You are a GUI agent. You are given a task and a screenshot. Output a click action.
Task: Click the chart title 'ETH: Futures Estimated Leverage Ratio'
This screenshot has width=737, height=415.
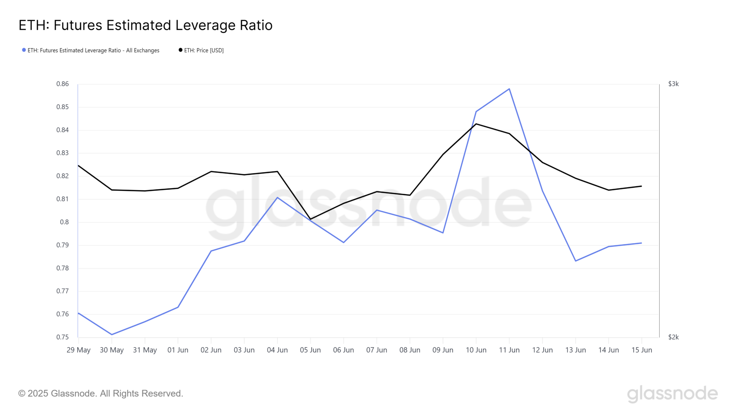(145, 25)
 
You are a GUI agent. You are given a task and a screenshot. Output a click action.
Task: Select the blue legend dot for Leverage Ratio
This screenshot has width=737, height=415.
(24, 50)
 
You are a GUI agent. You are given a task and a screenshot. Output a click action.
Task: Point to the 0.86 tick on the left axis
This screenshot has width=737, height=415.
(63, 84)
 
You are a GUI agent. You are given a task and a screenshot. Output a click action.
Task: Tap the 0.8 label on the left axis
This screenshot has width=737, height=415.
(64, 222)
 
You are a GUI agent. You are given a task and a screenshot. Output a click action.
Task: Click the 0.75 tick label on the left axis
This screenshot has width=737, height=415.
(63, 337)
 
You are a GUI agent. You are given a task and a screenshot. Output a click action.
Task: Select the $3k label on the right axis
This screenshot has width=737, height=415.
(673, 84)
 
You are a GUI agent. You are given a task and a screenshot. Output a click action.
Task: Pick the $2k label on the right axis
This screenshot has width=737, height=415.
(673, 337)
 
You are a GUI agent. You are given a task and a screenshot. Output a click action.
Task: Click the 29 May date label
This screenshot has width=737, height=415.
(78, 350)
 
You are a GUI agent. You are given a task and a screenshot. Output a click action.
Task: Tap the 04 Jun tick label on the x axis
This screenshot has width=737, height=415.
(277, 350)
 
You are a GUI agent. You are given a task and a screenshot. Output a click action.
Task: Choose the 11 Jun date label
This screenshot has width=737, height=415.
(509, 350)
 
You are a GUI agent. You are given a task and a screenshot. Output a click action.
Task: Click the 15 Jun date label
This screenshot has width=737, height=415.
(642, 350)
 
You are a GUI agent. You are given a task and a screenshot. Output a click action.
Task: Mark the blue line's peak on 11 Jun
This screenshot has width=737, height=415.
(509, 89)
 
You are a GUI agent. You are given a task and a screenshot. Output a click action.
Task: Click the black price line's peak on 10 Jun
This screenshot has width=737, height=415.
(476, 124)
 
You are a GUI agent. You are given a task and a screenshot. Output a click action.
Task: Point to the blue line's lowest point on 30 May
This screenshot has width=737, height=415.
(112, 334)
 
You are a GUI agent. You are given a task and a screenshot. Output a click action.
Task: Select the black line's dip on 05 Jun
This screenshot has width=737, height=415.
(310, 219)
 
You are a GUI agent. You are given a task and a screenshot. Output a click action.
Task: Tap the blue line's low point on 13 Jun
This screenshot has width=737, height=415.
(575, 261)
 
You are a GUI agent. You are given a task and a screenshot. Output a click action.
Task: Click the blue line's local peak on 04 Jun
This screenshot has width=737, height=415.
(277, 197)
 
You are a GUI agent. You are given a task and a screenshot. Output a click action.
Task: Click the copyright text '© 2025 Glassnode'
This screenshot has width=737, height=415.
(101, 393)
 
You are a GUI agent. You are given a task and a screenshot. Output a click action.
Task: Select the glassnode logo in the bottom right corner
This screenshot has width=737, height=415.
(672, 394)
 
